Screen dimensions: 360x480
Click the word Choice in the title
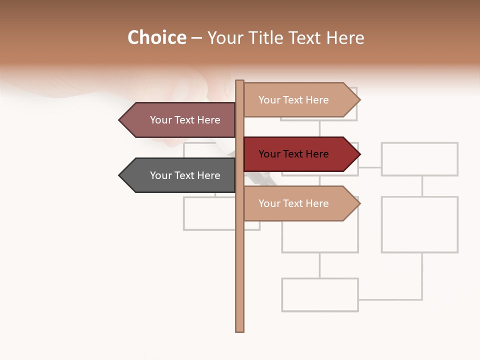[x=157, y=38]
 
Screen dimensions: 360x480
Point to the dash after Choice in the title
[x=197, y=38]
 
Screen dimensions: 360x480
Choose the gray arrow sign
[x=180, y=175]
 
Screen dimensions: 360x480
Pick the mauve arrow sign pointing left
[x=180, y=120]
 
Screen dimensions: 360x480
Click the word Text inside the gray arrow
[x=185, y=175]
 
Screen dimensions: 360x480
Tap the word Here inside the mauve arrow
[x=209, y=120]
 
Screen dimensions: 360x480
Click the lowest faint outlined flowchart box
[x=320, y=295]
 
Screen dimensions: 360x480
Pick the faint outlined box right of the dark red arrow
[x=419, y=159]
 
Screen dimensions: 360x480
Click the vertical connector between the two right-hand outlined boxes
[x=422, y=186]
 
